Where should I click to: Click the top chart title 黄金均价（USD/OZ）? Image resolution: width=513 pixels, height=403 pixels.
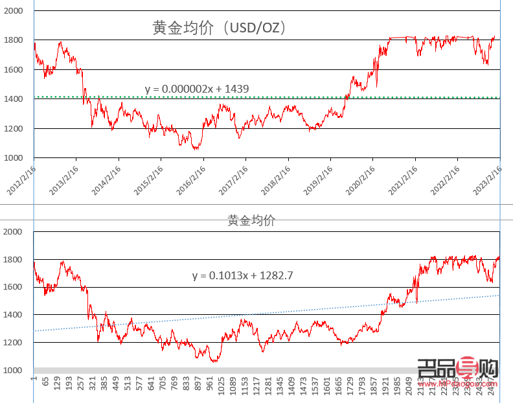220,28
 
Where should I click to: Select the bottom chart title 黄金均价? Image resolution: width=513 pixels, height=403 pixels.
251,220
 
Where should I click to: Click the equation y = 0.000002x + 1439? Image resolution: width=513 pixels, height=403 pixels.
197,89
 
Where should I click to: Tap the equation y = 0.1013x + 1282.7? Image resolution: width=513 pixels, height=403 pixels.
243,275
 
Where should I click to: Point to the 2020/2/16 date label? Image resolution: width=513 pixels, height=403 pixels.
361,179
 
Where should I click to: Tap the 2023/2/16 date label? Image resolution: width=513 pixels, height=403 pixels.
488,179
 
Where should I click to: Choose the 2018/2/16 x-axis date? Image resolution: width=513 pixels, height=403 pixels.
276,179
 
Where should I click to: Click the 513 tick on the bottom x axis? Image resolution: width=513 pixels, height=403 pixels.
128,386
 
